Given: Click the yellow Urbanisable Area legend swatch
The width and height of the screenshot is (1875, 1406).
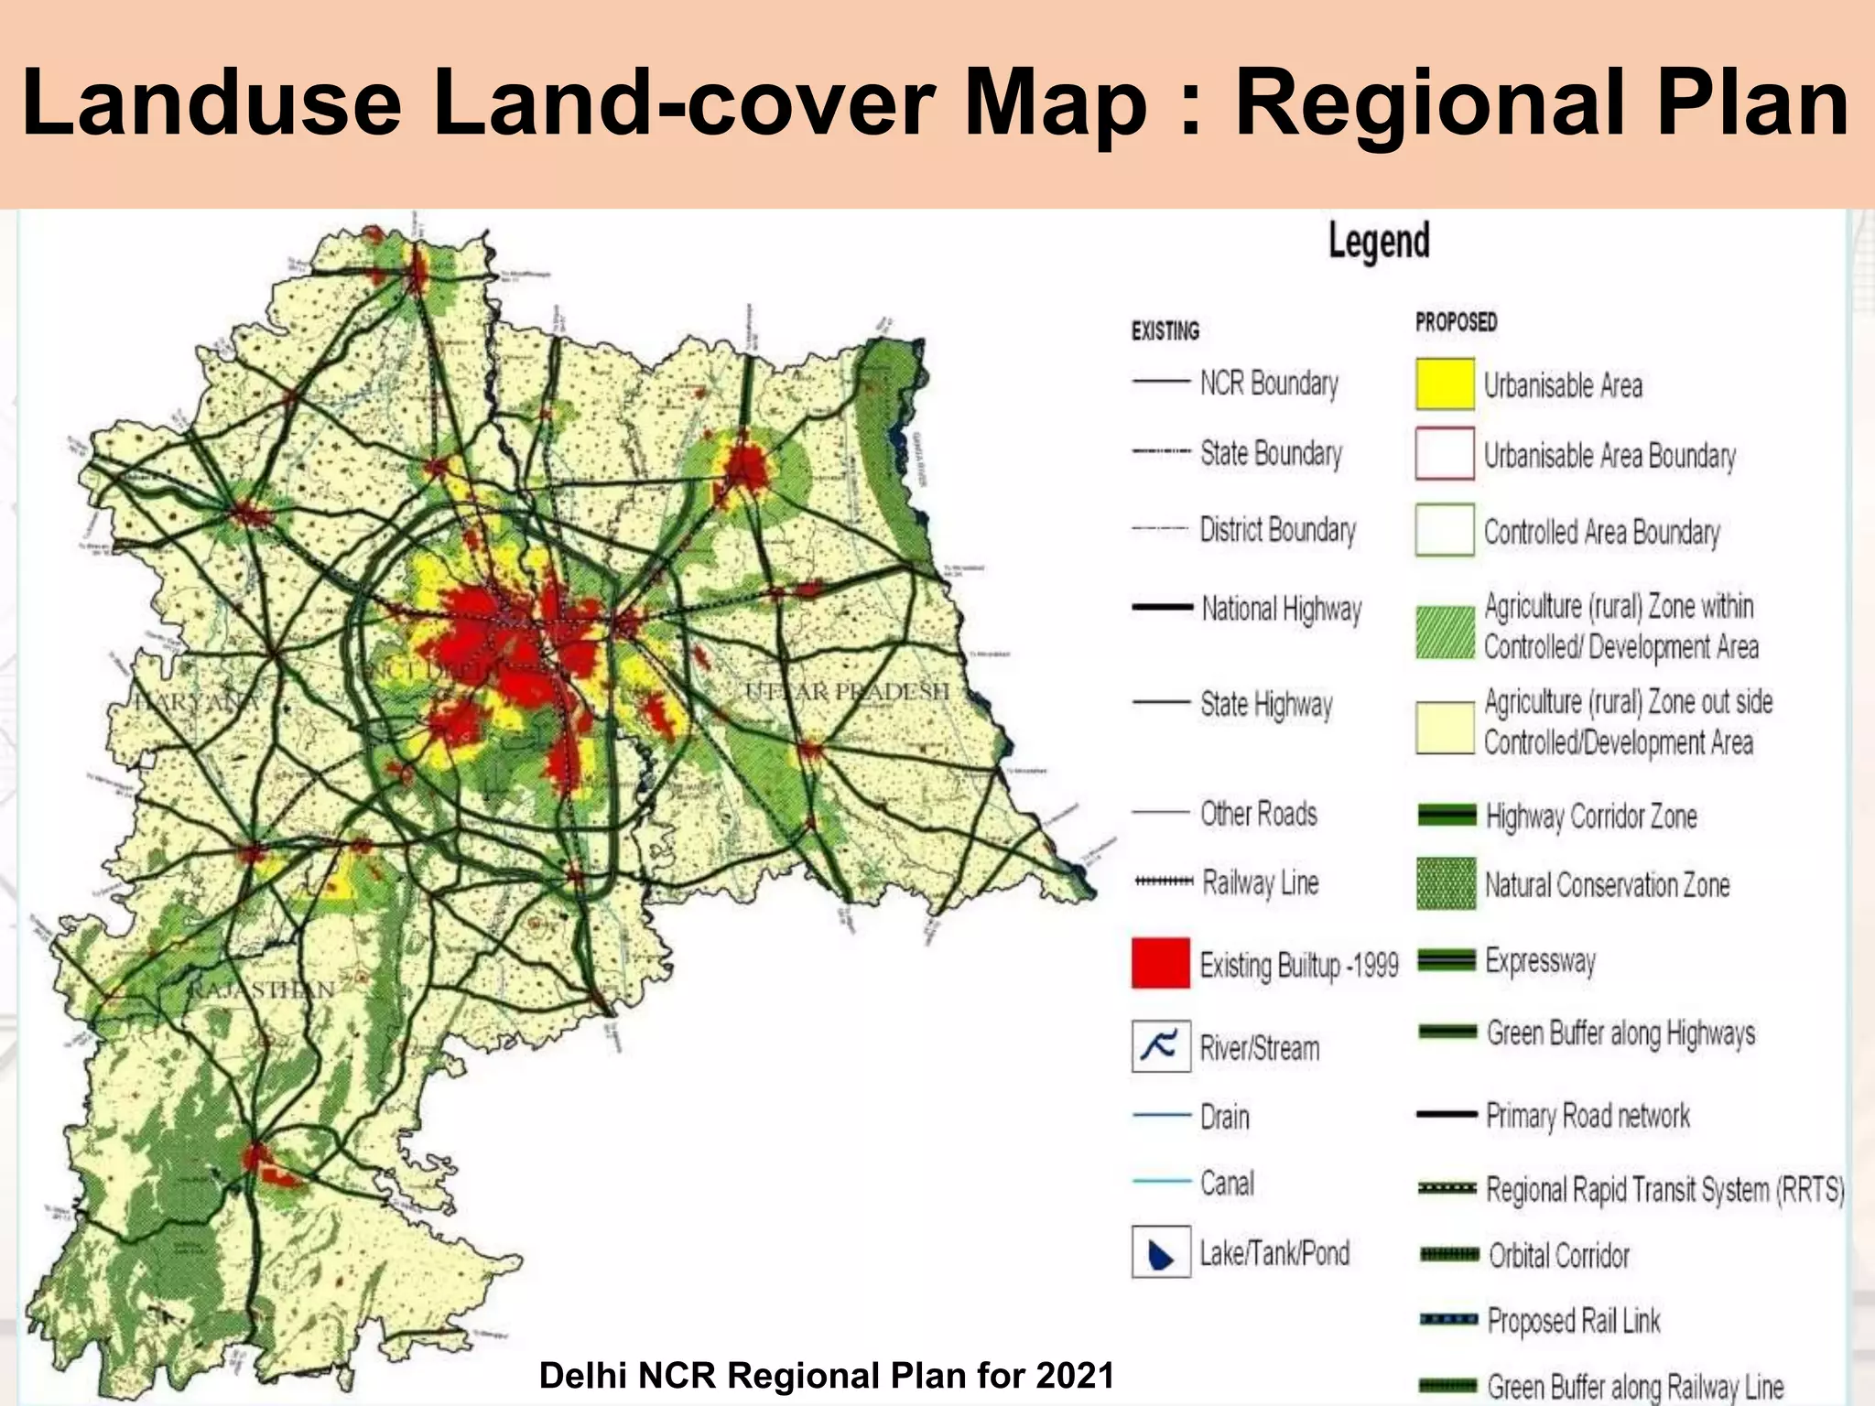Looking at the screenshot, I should click(1445, 384).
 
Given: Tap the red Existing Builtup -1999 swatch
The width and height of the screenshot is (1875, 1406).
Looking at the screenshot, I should click(1160, 963).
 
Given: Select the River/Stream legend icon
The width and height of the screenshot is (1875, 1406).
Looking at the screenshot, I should click(1161, 1046).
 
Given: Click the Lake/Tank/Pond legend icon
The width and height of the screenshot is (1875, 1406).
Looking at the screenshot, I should click(1161, 1252).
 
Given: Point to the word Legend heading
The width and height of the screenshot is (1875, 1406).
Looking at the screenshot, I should click(1379, 242).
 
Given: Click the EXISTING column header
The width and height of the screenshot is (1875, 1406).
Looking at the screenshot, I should click(1165, 330).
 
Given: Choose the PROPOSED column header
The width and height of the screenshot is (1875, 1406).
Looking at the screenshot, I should click(1456, 322).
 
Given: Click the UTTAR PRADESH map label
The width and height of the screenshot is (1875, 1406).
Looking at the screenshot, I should click(847, 692).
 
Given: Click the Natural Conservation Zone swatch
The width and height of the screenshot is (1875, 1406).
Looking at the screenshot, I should click(1446, 883).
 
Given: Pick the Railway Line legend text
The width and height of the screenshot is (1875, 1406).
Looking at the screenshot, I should click(1260, 882).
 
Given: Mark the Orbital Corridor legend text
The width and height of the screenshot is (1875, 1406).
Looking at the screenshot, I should click(1558, 1255).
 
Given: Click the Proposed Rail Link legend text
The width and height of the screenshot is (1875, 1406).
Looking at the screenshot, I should click(1573, 1320).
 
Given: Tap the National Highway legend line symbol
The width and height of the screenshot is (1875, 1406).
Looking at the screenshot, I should click(1162, 608).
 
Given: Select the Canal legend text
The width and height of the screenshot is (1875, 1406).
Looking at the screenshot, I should click(1227, 1183).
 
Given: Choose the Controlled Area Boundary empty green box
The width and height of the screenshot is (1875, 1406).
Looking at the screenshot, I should click(1445, 530).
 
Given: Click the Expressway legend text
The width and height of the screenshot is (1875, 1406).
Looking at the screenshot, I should click(1540, 960).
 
